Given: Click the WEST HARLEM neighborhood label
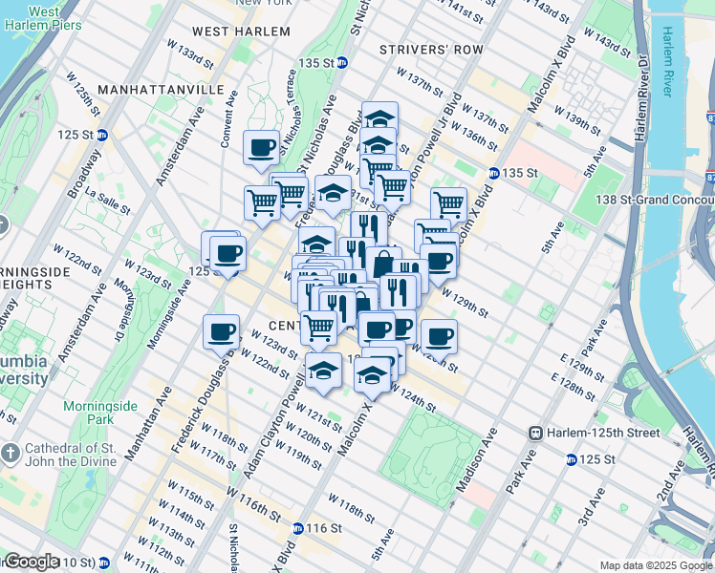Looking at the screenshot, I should (x=243, y=31).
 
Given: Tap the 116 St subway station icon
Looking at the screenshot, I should (x=299, y=528).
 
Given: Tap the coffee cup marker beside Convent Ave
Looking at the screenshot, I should (x=262, y=148).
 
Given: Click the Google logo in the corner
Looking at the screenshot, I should (x=32, y=562).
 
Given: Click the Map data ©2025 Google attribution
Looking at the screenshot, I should (x=656, y=565).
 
